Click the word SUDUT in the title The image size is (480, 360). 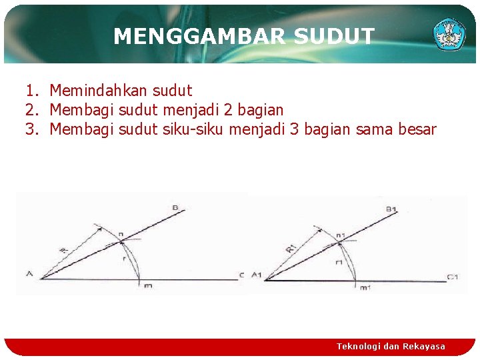(x=334, y=36)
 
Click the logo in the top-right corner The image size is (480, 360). (x=449, y=34)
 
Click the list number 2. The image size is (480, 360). (x=31, y=109)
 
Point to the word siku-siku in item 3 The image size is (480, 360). (x=193, y=129)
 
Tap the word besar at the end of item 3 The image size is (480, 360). (x=417, y=129)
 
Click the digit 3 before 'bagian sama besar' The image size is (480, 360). (x=295, y=129)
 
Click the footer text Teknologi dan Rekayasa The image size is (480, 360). (x=391, y=346)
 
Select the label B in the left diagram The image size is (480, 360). (x=175, y=208)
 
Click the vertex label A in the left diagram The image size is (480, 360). (x=29, y=273)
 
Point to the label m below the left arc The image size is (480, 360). (x=147, y=286)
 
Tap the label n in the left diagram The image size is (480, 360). (x=121, y=234)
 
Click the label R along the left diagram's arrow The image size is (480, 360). (x=63, y=250)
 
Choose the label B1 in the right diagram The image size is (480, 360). (x=391, y=209)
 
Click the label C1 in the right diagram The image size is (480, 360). (x=453, y=276)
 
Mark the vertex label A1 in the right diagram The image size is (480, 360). (x=256, y=274)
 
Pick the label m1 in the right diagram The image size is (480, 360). (x=365, y=287)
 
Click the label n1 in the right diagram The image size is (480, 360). (x=341, y=235)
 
